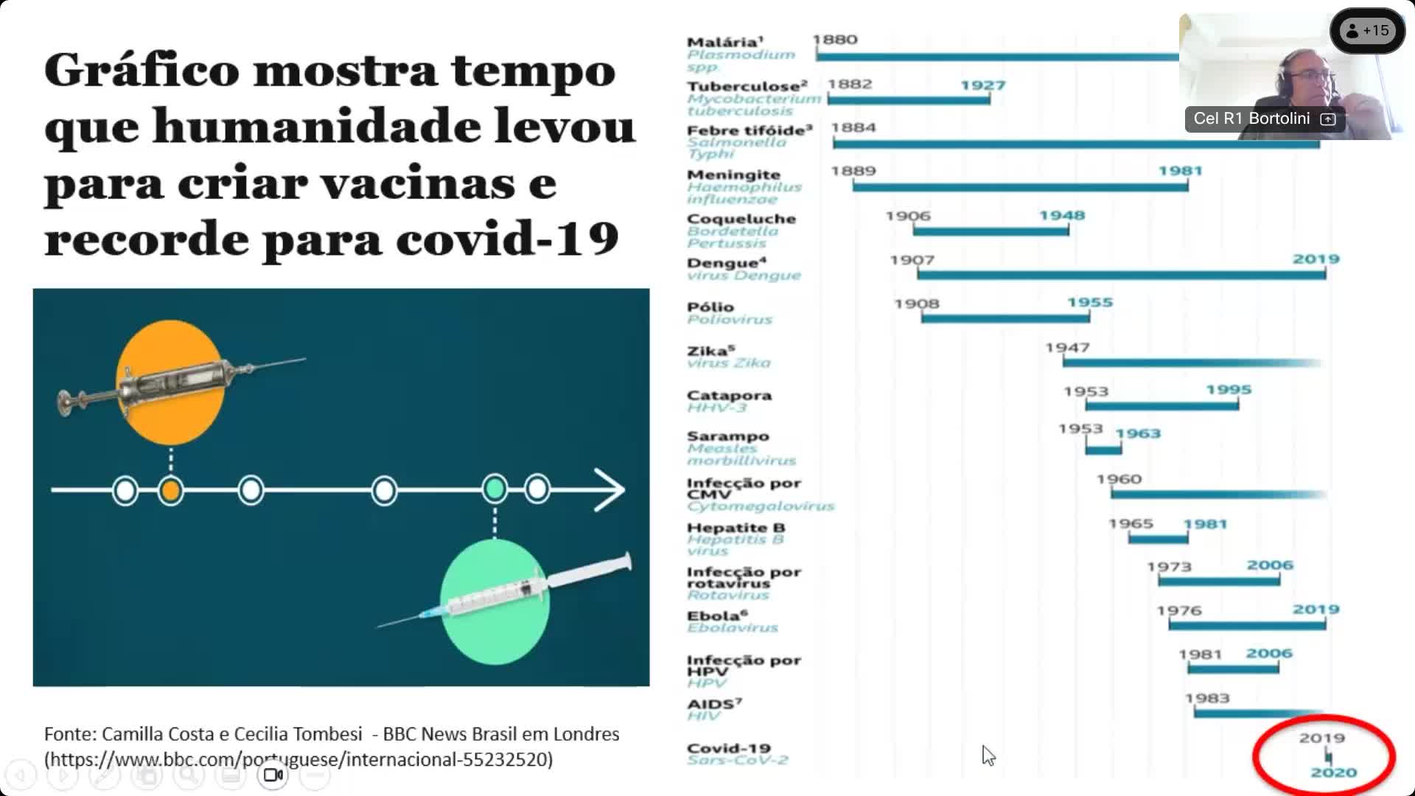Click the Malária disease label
pyautogui.click(x=724, y=43)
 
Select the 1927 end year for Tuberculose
pyautogui.click(x=982, y=85)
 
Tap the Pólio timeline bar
pyautogui.click(x=1005, y=318)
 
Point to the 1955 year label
pyautogui.click(x=1090, y=303)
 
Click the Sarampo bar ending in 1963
pyautogui.click(x=1103, y=449)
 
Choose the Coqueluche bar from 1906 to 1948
pyautogui.click(x=990, y=231)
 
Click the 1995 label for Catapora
pyautogui.click(x=1229, y=390)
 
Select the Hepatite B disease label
pyautogui.click(x=736, y=528)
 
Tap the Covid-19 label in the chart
pyautogui.click(x=728, y=748)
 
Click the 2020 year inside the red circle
pyautogui.click(x=1333, y=772)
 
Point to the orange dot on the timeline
pyautogui.click(x=171, y=491)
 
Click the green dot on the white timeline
pyautogui.click(x=495, y=489)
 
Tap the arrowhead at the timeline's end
pyautogui.click(x=610, y=490)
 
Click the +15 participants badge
pyautogui.click(x=1367, y=31)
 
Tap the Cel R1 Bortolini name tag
pyautogui.click(x=1251, y=119)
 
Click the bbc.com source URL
pyautogui.click(x=298, y=759)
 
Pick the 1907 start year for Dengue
pyautogui.click(x=912, y=260)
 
